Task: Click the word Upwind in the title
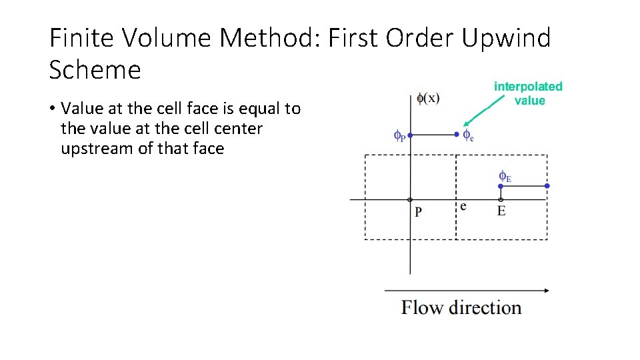[x=506, y=38]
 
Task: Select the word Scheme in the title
[x=95, y=69]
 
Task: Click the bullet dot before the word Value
[x=52, y=108]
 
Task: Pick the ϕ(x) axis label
[x=427, y=98]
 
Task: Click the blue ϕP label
[x=399, y=137]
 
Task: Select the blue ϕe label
[x=469, y=136]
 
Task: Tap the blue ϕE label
[x=505, y=177]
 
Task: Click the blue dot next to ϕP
[x=410, y=135]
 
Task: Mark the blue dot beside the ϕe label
[x=457, y=135]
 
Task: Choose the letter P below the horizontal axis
[x=418, y=212]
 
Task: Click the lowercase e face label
[x=463, y=206]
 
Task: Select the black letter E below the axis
[x=501, y=211]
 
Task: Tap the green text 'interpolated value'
[x=528, y=93]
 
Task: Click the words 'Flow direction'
[x=461, y=308]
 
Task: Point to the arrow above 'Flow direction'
[x=467, y=290]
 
